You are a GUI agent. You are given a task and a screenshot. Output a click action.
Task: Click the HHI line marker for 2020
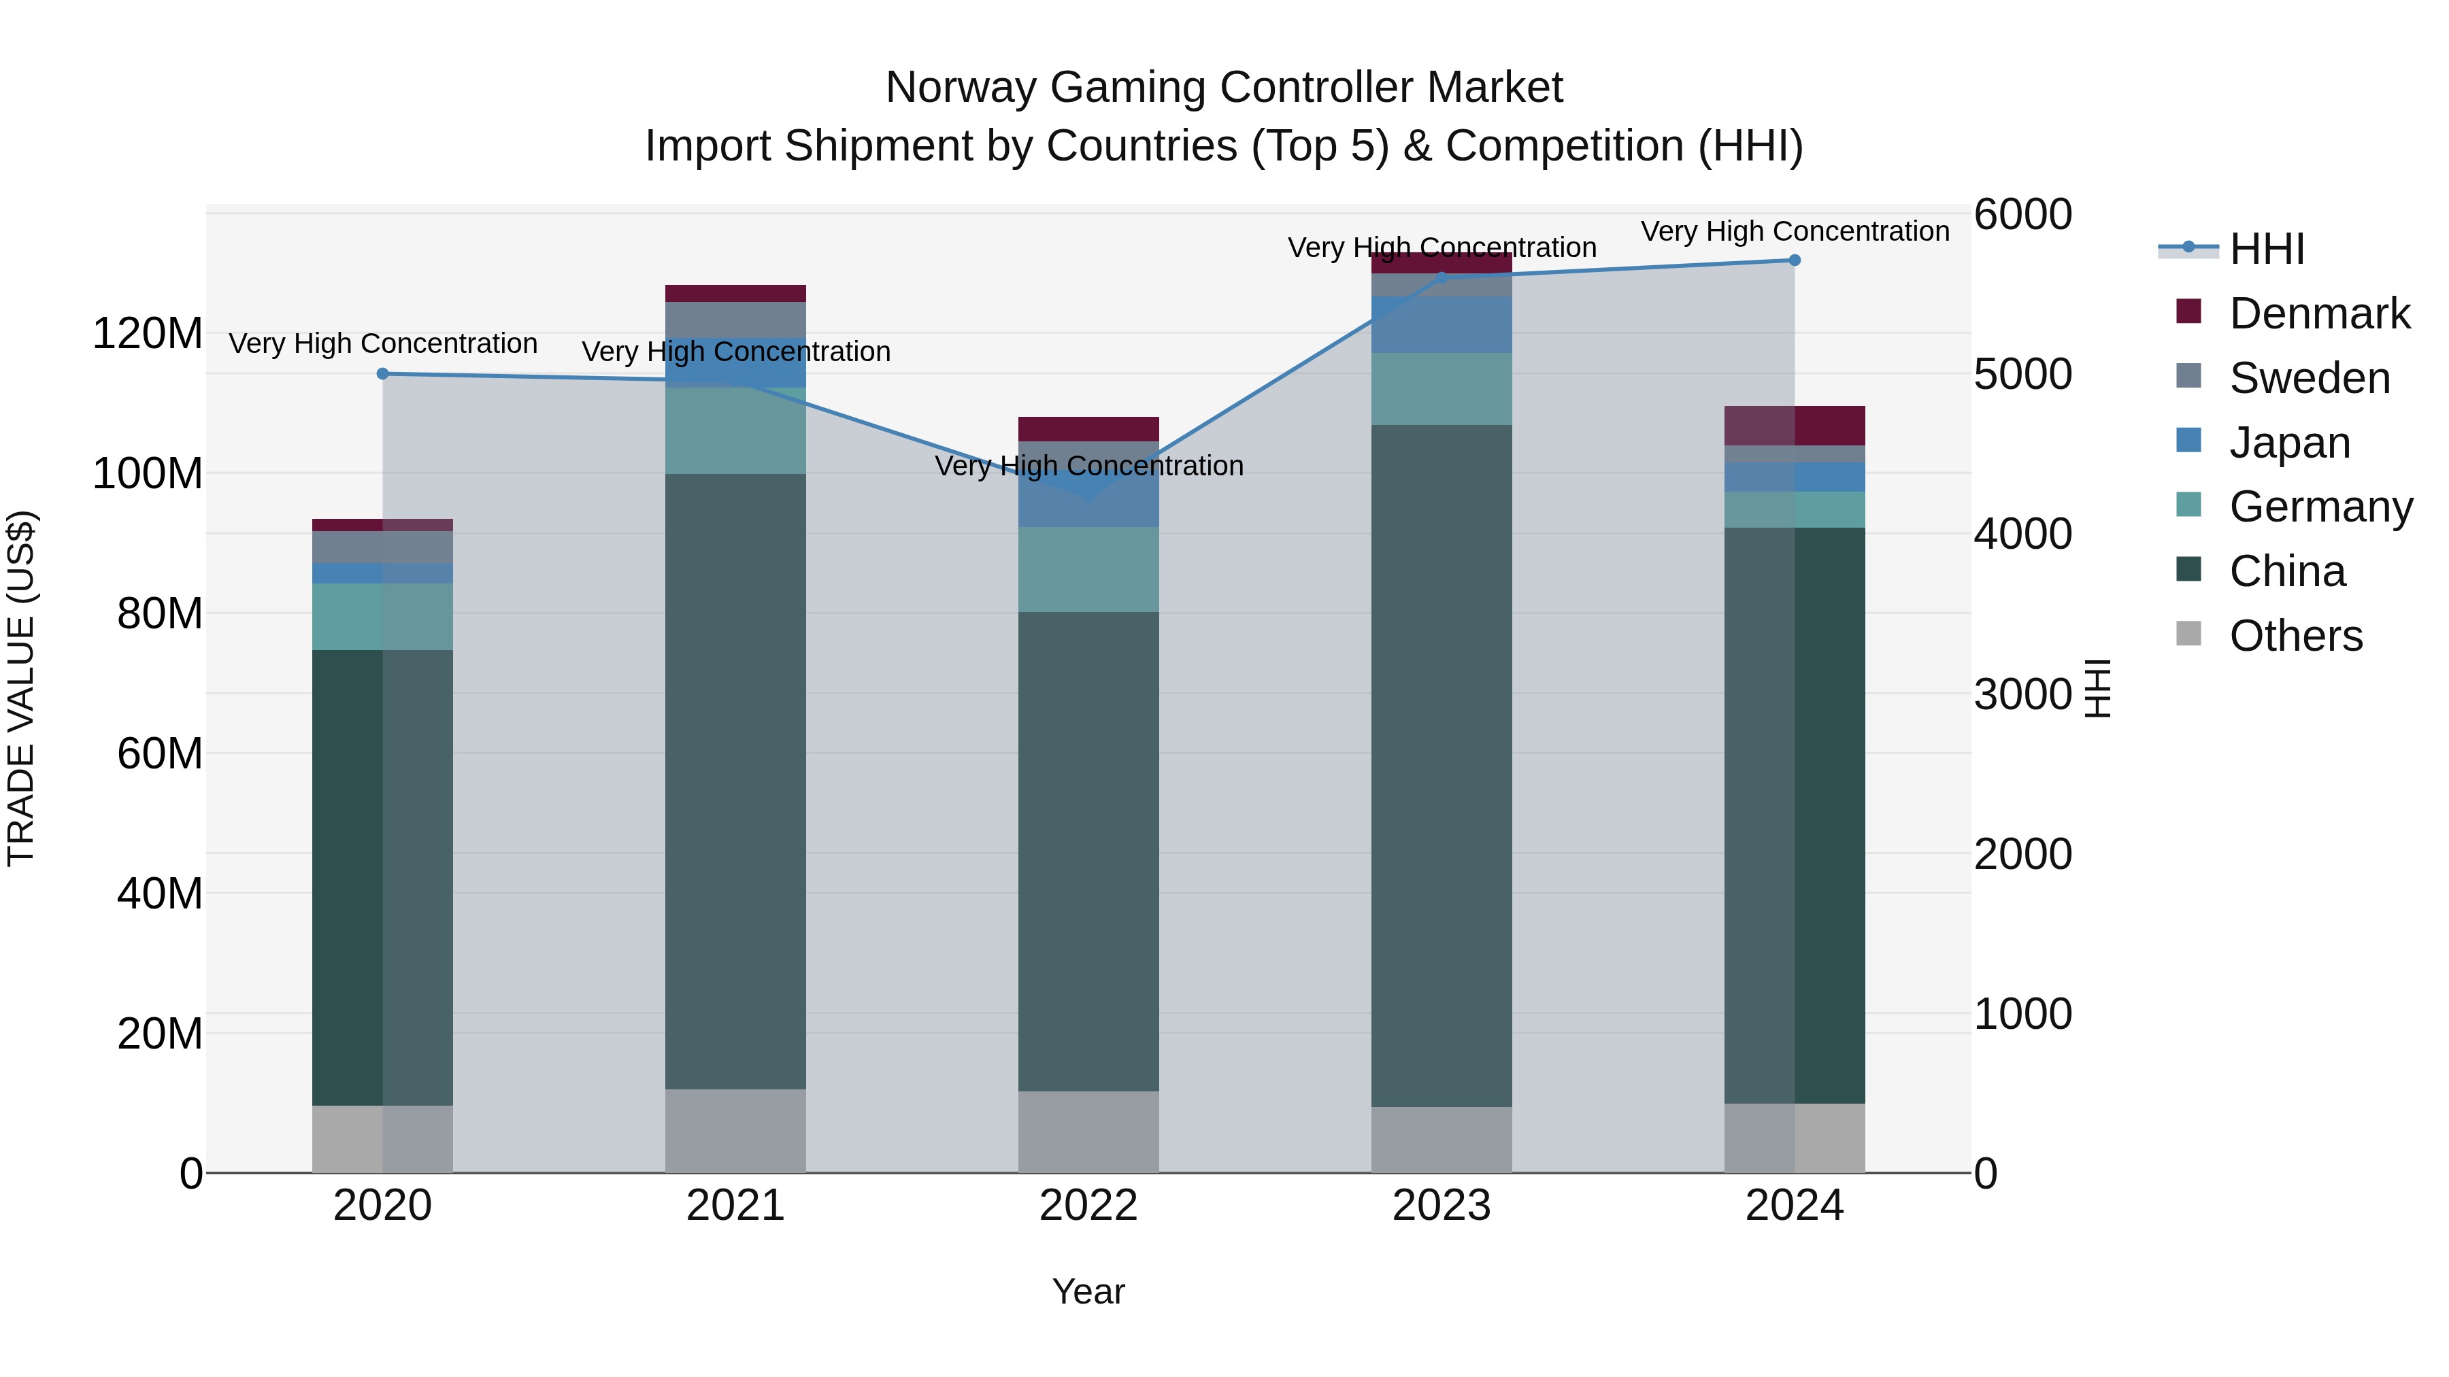382,373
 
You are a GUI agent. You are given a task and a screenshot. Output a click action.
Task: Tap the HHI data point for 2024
1794,260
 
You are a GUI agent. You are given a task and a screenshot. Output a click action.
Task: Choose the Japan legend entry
2288,443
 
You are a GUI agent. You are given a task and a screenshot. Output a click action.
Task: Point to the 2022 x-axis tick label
1088,1206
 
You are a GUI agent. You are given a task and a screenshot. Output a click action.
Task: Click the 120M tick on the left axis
148,334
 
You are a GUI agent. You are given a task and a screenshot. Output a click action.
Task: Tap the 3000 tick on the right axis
2022,694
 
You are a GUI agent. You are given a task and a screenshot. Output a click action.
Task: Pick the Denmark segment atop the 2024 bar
1794,426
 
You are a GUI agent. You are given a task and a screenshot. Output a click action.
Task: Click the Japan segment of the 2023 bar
1442,325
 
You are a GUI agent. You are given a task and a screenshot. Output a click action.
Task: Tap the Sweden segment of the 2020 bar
382,547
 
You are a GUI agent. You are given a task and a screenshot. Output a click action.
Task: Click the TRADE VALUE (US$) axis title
21,688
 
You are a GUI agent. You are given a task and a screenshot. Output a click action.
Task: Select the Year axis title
1088,1291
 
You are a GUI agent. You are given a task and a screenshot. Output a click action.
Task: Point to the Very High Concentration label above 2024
1794,231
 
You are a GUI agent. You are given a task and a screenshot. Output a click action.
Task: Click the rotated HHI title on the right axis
2097,688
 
